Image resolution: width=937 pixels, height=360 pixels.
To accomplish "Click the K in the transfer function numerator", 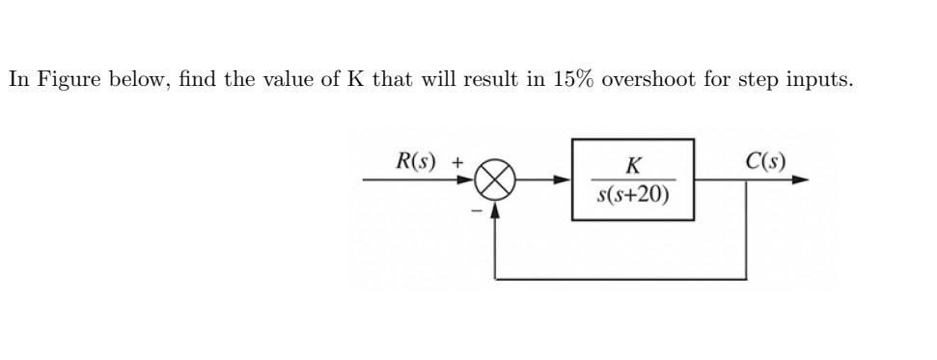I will [x=633, y=163].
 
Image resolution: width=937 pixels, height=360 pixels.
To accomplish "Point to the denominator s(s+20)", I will [x=633, y=196].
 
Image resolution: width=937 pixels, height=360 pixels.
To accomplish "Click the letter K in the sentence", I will [x=355, y=79].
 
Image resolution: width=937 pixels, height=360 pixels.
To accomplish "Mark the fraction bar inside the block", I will [x=633, y=179].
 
